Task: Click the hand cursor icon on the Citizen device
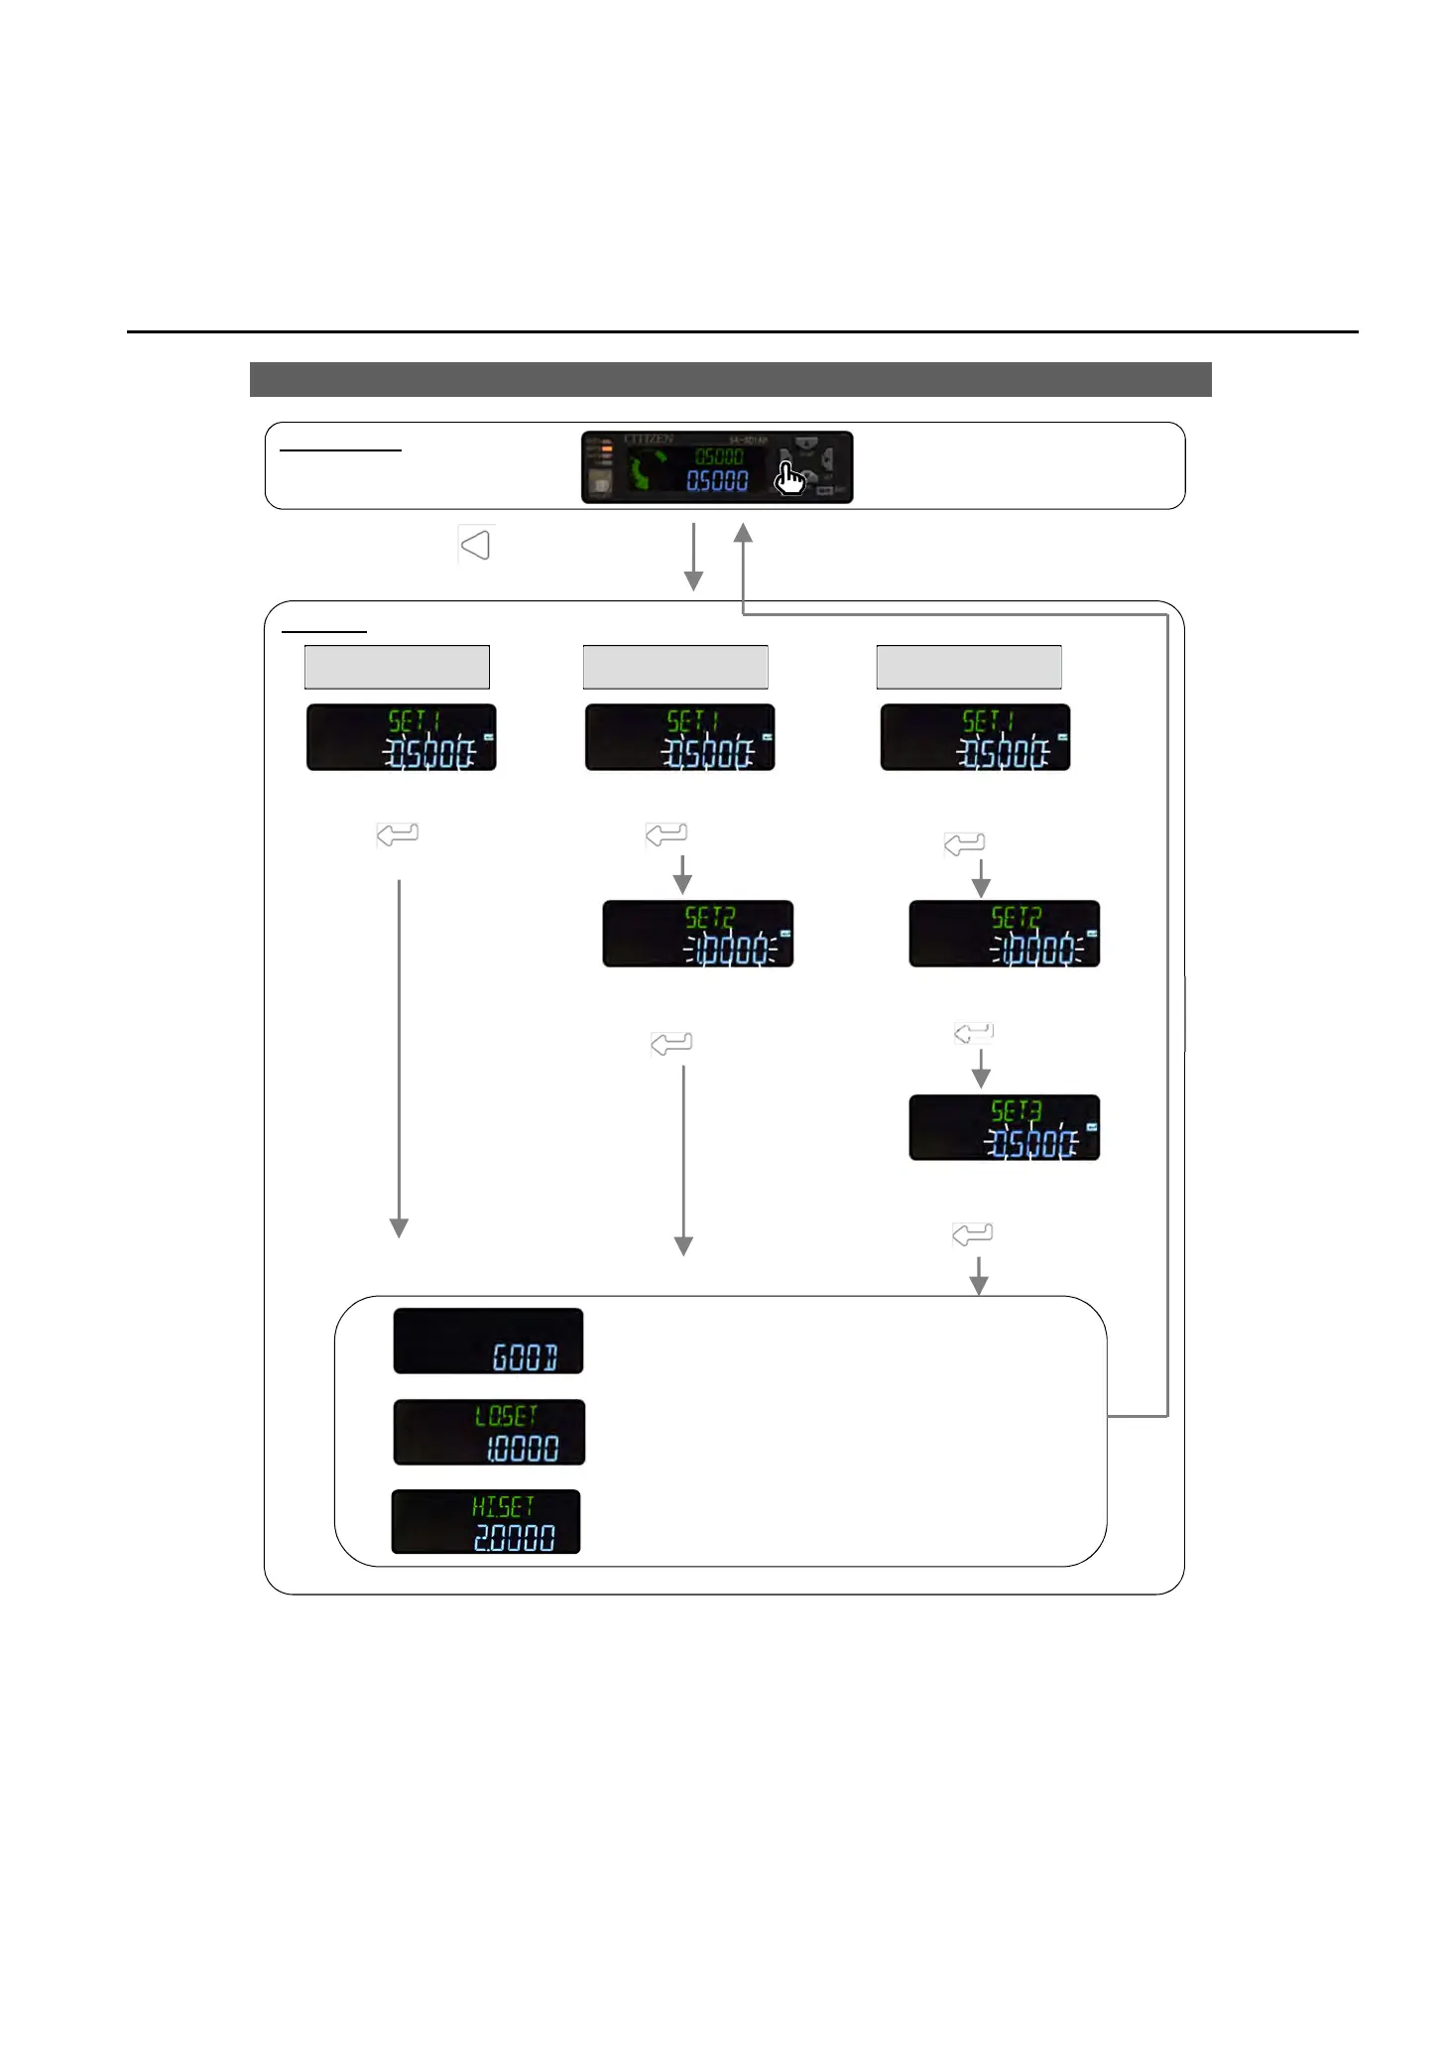click(x=790, y=479)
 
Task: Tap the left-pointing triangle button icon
click(x=476, y=545)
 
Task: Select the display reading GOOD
click(x=488, y=1342)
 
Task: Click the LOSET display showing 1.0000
click(x=489, y=1432)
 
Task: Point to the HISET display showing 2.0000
click(x=486, y=1522)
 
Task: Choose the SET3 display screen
click(x=1004, y=1128)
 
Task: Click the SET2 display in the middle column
click(x=697, y=934)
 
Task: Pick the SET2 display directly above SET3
click(x=1004, y=934)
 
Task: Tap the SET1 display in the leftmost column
click(x=401, y=737)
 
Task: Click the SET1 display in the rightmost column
click(x=975, y=737)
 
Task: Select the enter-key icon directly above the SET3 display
click(x=973, y=1033)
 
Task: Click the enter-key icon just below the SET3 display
click(x=972, y=1234)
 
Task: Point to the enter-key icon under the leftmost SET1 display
click(x=398, y=834)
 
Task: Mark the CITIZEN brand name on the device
click(x=649, y=440)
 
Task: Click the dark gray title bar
click(x=730, y=380)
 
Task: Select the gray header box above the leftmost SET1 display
click(x=397, y=667)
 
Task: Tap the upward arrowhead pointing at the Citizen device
click(x=743, y=534)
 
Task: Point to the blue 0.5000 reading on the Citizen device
click(x=717, y=481)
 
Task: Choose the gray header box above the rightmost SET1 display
click(x=969, y=667)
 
